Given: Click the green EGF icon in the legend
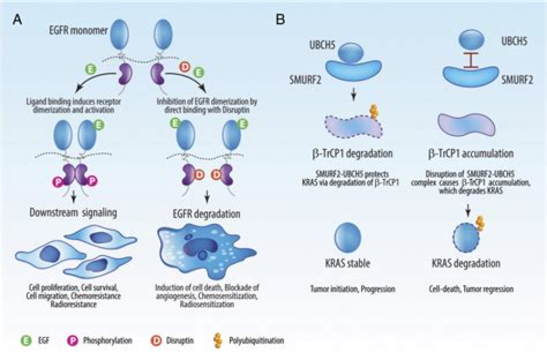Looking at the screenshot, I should click(25, 339).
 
